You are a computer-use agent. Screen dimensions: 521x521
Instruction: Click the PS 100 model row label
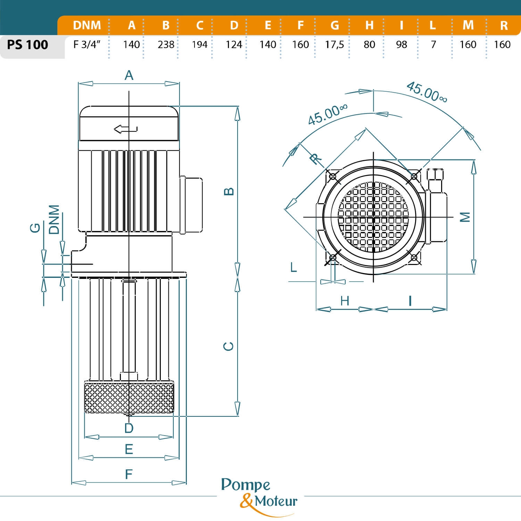27,45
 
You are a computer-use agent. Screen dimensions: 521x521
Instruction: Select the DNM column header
87,25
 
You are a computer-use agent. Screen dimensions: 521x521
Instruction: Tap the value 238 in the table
166,45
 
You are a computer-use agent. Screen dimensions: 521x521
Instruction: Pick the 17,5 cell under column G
334,45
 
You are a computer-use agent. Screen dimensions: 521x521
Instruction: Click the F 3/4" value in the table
87,45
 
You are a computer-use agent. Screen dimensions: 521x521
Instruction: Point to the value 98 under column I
402,45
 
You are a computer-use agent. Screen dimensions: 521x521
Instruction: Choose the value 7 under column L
433,45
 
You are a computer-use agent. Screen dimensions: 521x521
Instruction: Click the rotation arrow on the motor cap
125,129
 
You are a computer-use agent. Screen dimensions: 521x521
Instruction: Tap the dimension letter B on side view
229,191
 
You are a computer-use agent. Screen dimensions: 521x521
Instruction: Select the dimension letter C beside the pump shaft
229,346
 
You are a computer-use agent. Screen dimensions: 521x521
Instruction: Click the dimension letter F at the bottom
129,474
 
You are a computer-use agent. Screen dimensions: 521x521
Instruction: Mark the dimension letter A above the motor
129,75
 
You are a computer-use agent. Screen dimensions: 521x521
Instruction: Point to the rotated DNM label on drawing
54,220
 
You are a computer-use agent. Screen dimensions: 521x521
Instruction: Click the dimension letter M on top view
465,217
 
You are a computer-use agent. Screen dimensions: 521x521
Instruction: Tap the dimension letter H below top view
345,301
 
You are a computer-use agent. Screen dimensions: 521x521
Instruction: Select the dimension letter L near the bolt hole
293,267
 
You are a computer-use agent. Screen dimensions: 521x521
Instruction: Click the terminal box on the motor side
191,204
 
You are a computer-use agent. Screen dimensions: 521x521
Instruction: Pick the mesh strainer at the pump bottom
129,398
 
